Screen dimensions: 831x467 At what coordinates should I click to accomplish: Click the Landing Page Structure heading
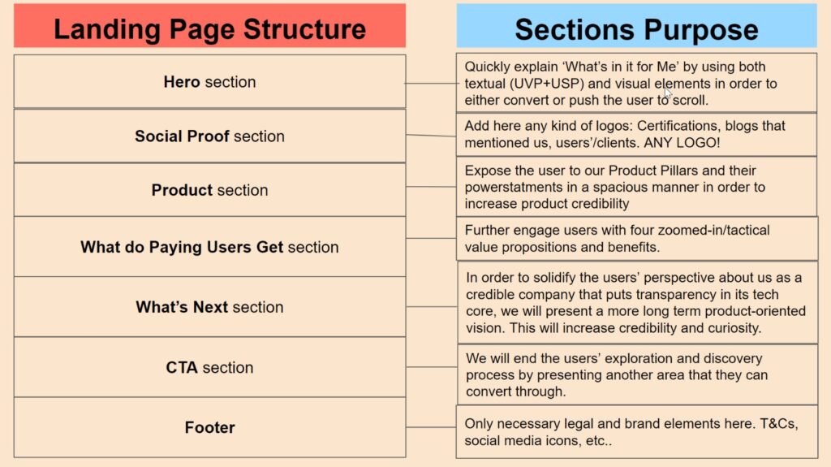[209, 28]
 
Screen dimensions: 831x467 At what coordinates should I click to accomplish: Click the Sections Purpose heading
[636, 29]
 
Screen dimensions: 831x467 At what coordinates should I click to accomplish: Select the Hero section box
[210, 82]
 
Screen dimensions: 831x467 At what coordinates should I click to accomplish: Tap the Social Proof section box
[210, 136]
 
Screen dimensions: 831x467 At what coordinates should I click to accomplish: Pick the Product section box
[210, 189]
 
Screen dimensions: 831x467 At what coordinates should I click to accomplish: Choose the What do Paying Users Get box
[210, 247]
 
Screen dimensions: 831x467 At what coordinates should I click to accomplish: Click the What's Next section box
[210, 307]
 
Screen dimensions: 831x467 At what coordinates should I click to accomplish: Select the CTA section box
[210, 367]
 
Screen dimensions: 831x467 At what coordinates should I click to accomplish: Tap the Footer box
[210, 427]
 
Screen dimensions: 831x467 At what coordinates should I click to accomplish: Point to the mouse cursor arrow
[667, 93]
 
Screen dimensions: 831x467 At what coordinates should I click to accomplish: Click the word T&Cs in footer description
[778, 423]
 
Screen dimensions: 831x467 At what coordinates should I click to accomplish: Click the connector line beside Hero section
[431, 84]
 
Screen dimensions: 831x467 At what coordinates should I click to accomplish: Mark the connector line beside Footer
[431, 427]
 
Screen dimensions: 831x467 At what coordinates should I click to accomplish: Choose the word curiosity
[735, 328]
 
